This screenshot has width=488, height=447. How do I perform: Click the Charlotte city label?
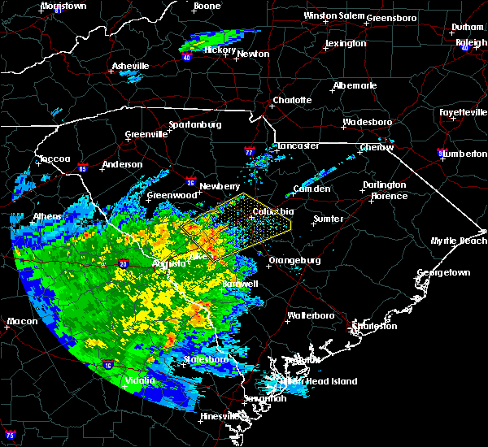pyautogui.click(x=292, y=100)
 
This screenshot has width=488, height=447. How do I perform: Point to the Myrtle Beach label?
pyautogui.click(x=460, y=241)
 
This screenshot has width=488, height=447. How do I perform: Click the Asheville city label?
pyautogui.click(x=131, y=66)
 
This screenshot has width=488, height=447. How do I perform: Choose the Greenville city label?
pyautogui.click(x=146, y=135)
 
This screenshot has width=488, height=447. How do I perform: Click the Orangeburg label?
pyautogui.click(x=294, y=260)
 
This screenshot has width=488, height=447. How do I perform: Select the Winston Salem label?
pyautogui.click(x=332, y=15)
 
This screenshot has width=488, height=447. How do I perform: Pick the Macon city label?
pyautogui.click(x=22, y=321)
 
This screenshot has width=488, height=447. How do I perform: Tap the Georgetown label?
pyautogui.click(x=444, y=273)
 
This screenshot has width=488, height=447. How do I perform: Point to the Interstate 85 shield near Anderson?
pyautogui.click(x=85, y=169)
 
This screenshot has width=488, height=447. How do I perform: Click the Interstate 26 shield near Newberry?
pyautogui.click(x=190, y=182)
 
